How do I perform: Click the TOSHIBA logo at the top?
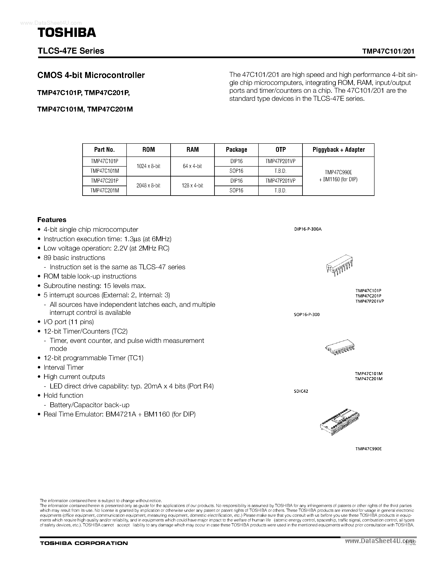click(67, 33)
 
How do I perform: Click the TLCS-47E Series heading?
click(71, 51)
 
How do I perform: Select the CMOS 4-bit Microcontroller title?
click(91, 75)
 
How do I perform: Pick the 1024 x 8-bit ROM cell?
click(148, 166)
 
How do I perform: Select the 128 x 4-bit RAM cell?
click(192, 186)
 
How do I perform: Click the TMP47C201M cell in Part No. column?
click(105, 191)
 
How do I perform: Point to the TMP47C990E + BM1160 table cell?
click(338, 176)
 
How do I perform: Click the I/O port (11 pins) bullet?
click(68, 322)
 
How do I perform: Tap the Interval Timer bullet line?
click(63, 367)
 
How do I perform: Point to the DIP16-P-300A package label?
click(308, 229)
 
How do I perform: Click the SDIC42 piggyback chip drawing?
click(340, 423)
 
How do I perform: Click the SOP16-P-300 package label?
click(306, 314)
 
